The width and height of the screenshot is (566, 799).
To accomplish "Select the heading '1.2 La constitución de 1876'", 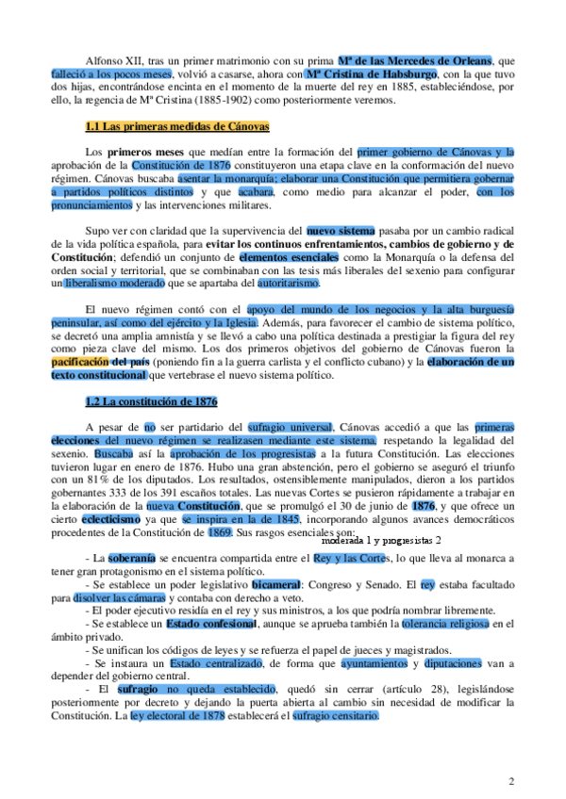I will pyautogui.click(x=151, y=401).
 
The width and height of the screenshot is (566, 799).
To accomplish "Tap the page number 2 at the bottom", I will pyautogui.click(x=510, y=781).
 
